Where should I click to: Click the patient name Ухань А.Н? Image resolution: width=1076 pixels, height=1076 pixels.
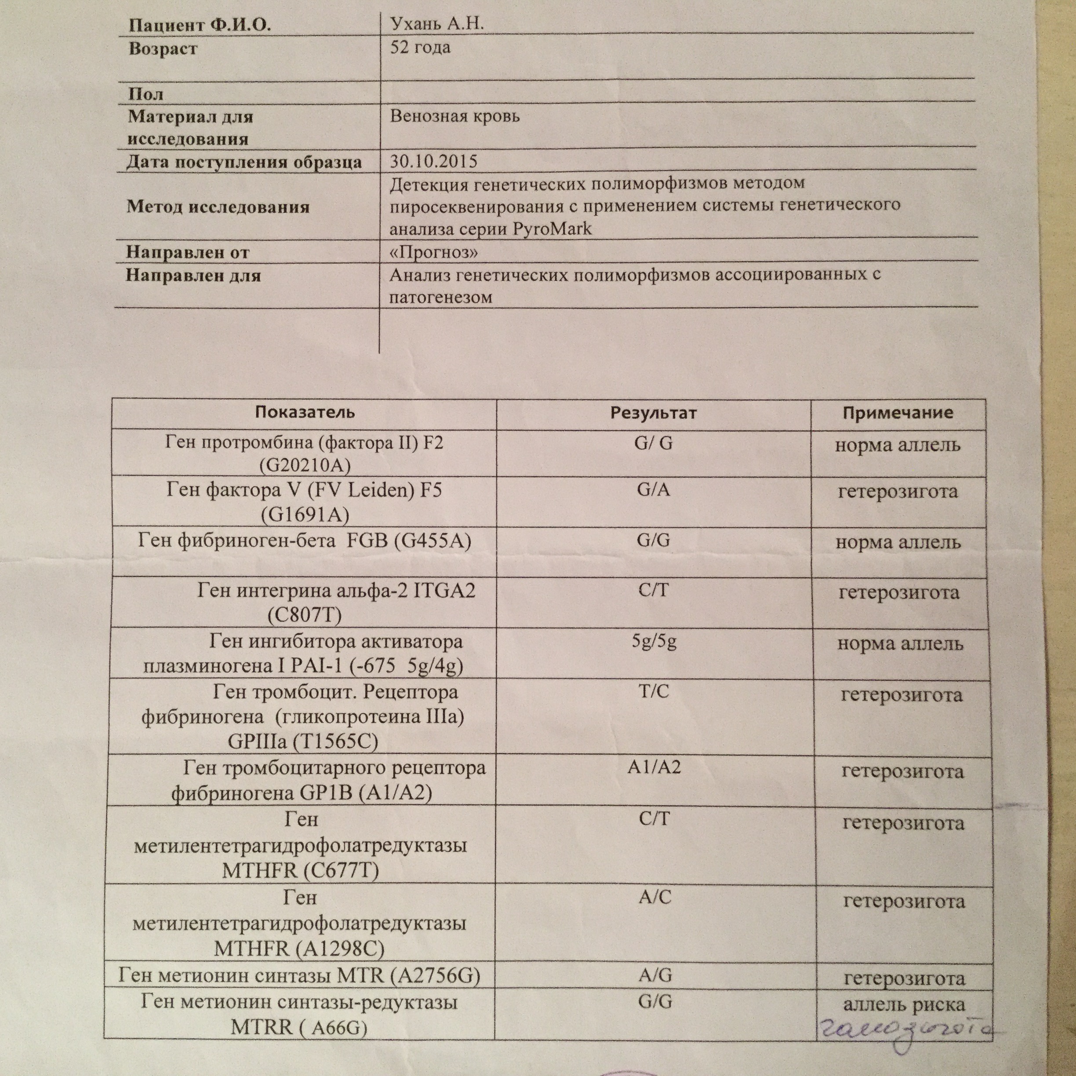(x=436, y=24)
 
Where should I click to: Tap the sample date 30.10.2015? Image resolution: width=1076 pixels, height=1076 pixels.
(x=433, y=161)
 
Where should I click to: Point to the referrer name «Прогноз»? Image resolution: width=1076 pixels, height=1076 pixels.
(x=433, y=252)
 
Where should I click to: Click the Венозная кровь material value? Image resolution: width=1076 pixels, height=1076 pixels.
(x=454, y=116)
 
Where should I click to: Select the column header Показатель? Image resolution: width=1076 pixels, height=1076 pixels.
(x=305, y=412)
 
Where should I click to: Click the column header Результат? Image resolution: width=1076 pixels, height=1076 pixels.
(x=653, y=413)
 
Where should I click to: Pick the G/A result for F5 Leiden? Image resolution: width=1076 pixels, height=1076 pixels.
(x=653, y=490)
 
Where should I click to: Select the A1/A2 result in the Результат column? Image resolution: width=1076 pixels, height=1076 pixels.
(x=654, y=767)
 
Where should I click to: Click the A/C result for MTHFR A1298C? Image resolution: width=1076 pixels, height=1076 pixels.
(x=655, y=897)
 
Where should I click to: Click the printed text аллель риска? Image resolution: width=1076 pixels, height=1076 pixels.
(x=903, y=1004)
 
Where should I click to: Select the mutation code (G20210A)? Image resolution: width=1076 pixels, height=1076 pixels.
(x=305, y=465)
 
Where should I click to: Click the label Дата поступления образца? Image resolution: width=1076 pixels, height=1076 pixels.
(x=244, y=162)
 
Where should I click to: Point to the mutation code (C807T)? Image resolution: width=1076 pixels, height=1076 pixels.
(x=304, y=615)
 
